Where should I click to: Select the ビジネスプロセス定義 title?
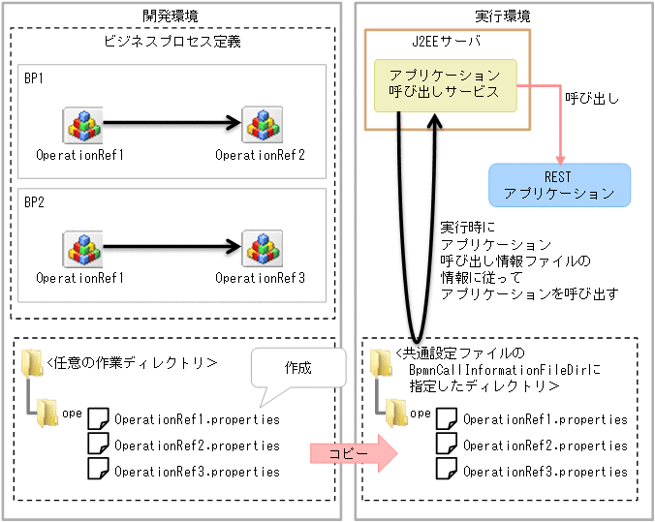click(172, 43)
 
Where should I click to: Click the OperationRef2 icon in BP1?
click(261, 124)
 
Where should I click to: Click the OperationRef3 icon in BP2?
click(261, 248)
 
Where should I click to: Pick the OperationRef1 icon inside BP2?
click(81, 248)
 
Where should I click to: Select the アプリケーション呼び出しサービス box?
click(445, 83)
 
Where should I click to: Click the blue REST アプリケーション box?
click(558, 184)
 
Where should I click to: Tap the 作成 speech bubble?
click(298, 369)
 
